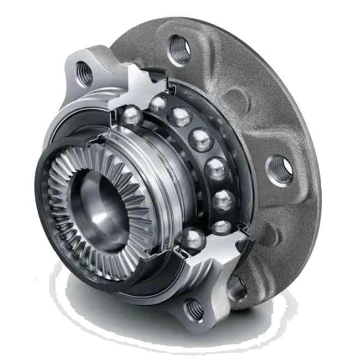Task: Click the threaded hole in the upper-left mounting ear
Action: tap(84, 73)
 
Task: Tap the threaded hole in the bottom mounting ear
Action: tap(194, 310)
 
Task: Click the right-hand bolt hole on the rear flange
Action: tap(280, 169)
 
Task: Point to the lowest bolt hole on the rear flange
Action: tap(236, 288)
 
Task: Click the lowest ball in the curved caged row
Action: tap(222, 227)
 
